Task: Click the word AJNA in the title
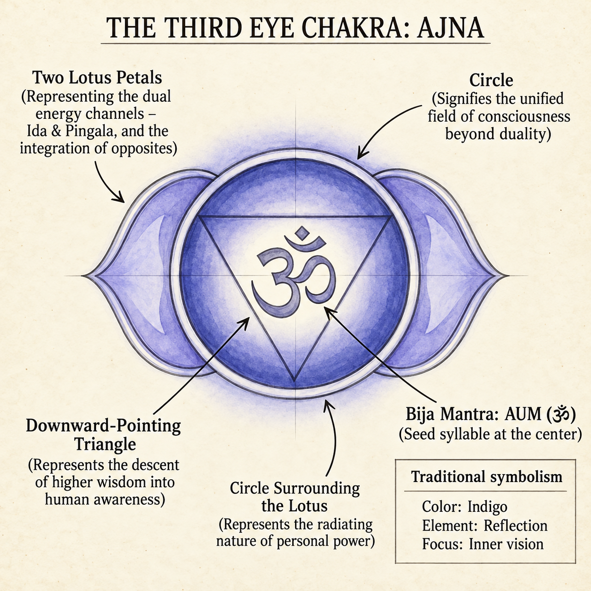click(450, 28)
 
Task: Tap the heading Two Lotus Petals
click(97, 78)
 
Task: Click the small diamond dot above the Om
click(303, 233)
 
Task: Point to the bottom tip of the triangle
click(295, 381)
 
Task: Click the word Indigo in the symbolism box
click(487, 507)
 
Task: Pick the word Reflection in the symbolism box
click(516, 525)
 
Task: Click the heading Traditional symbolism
click(487, 477)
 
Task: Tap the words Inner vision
click(506, 544)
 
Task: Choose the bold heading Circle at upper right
click(491, 81)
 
